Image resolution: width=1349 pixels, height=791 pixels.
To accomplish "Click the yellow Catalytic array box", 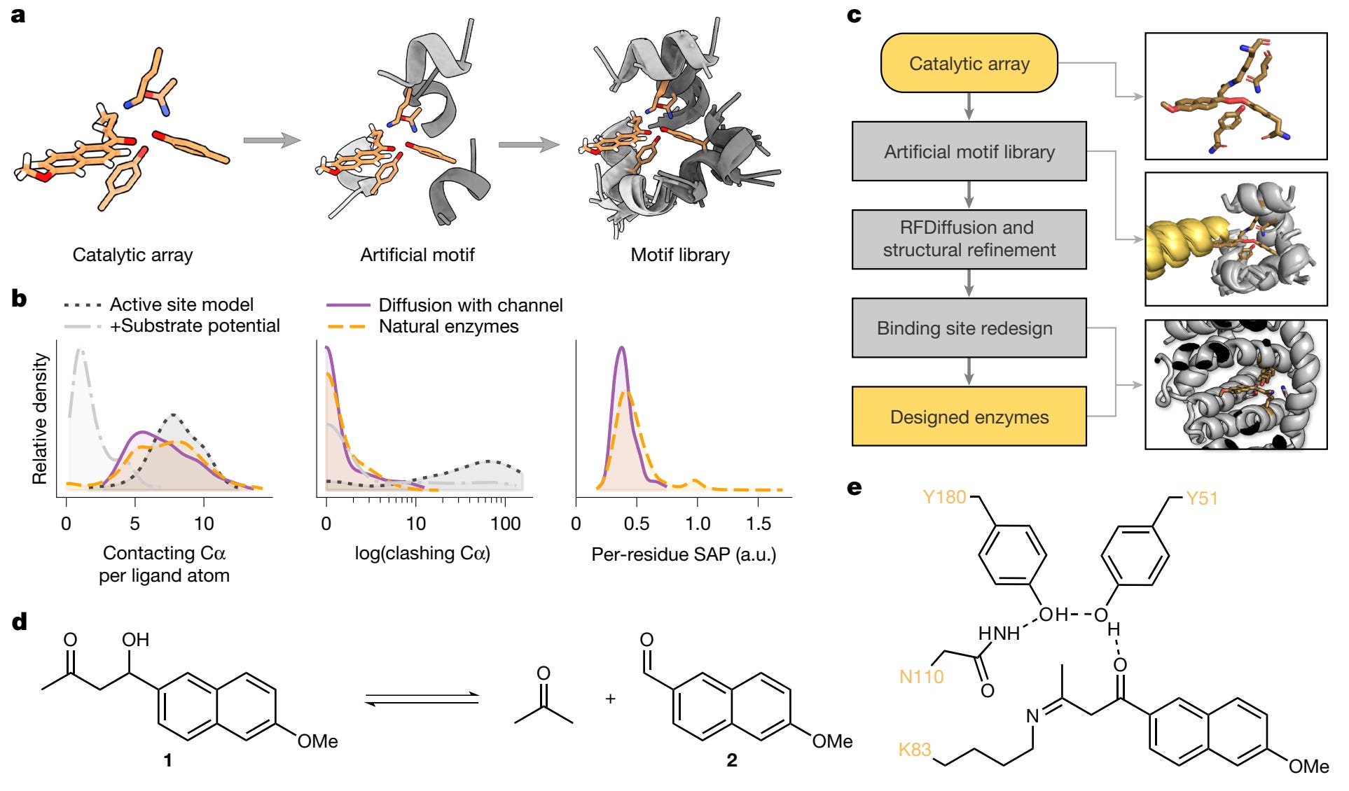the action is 969,63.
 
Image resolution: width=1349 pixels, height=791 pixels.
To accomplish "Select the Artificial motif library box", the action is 969,151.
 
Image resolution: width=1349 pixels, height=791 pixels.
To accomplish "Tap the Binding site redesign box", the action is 969,328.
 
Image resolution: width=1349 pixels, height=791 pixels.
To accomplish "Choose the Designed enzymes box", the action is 969,416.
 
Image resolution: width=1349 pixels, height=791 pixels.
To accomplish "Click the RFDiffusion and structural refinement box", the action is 969,239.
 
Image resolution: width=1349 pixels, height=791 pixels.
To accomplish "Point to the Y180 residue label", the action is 944,497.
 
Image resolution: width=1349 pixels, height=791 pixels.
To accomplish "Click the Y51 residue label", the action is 1201,498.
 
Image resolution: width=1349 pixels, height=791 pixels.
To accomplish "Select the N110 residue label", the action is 921,676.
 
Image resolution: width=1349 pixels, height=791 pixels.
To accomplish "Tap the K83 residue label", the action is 915,750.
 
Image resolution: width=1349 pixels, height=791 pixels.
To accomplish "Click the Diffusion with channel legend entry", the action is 470,305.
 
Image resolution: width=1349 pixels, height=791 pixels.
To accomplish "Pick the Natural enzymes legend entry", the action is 448,326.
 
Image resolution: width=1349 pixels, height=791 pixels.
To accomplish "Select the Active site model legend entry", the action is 181,304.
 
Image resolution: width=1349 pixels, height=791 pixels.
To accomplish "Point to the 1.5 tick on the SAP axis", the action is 759,524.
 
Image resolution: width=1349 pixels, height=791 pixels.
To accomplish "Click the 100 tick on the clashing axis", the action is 505,524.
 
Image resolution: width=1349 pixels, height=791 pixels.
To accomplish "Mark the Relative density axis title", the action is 40,419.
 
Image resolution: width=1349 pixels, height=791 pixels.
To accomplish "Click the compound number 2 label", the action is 731,760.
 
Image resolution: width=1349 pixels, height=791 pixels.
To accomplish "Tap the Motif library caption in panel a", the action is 679,255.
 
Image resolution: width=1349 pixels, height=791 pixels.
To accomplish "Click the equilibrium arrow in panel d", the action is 422,699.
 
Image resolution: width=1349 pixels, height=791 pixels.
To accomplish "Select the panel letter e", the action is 855,487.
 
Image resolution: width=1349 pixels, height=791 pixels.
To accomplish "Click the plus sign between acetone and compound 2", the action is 610,699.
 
